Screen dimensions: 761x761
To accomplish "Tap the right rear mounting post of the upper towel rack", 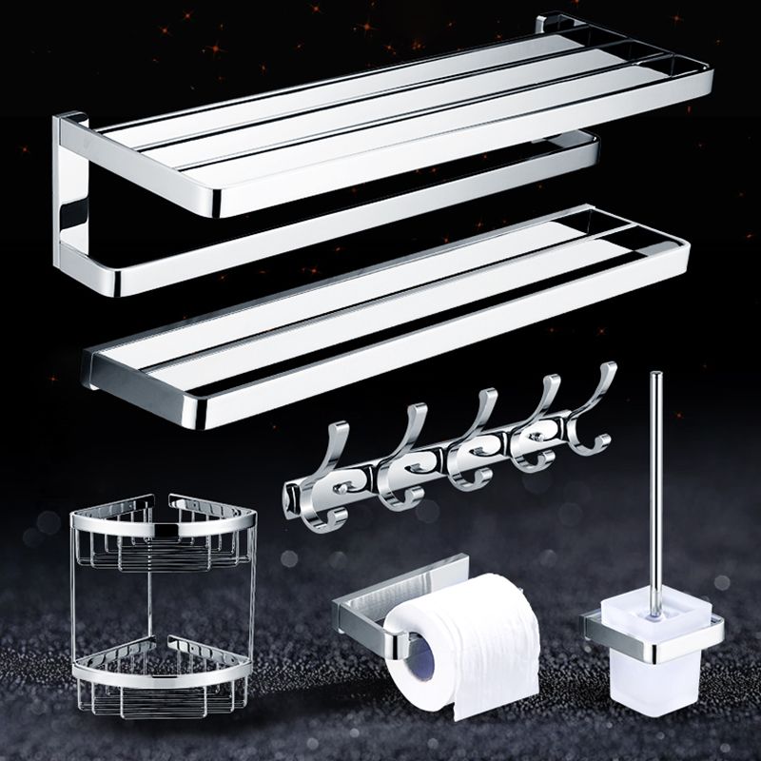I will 552,23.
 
